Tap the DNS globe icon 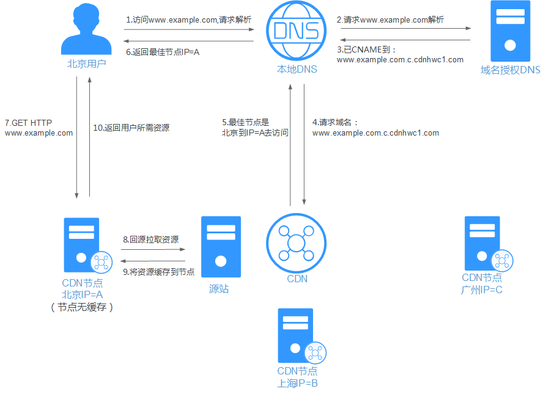click(x=297, y=30)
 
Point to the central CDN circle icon click(x=297, y=243)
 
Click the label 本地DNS click(x=297, y=69)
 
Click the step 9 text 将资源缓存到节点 click(x=158, y=271)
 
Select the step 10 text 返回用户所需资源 click(x=131, y=128)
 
